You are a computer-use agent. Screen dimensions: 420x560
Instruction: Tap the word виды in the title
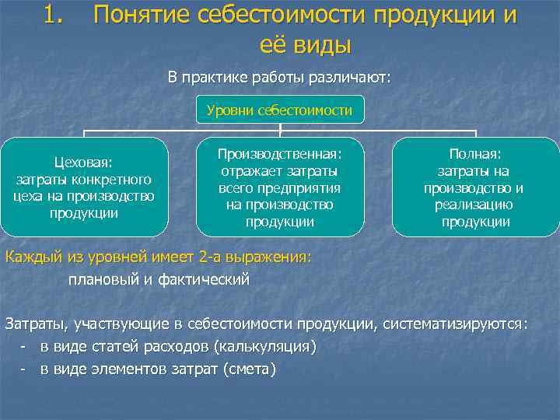[x=320, y=44]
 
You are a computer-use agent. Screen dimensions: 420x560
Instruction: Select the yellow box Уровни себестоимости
[x=279, y=111]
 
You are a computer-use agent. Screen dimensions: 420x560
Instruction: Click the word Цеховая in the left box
[x=83, y=163]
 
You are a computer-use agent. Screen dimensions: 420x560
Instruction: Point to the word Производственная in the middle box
[x=279, y=155]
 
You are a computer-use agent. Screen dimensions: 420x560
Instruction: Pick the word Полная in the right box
[x=475, y=155]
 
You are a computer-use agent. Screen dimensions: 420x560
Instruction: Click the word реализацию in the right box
[x=475, y=205]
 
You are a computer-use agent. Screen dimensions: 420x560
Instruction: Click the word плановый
[x=102, y=279]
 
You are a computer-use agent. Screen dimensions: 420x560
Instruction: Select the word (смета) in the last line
[x=249, y=369]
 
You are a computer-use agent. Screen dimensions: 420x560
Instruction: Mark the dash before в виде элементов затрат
[x=25, y=369]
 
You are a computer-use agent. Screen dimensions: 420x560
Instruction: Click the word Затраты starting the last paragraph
[x=36, y=324]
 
